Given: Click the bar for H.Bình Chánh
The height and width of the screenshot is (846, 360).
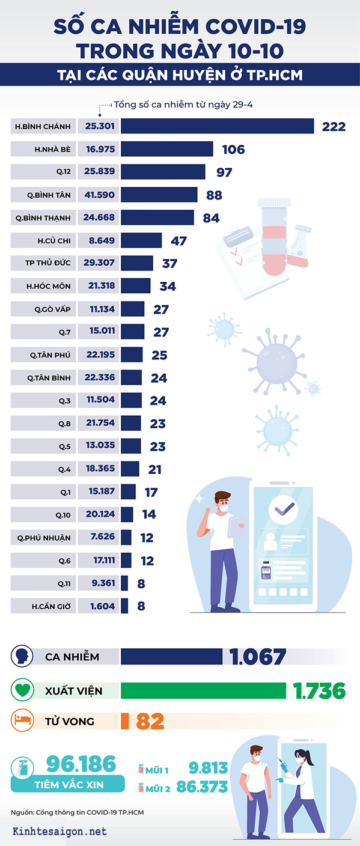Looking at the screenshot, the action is [217, 126].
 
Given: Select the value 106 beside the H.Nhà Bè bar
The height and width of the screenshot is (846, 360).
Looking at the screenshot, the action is [233, 150].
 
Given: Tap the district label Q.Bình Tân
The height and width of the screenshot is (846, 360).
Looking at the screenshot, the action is [49, 195].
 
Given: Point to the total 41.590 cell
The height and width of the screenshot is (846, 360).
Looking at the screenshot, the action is [99, 195].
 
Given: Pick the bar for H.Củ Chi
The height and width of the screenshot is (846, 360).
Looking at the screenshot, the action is [141, 240].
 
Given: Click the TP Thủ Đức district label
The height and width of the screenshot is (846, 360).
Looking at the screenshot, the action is [47, 263].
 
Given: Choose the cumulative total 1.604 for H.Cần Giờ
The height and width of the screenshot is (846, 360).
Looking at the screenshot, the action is [102, 606].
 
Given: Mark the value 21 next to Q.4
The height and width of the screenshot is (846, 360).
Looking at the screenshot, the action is [155, 469].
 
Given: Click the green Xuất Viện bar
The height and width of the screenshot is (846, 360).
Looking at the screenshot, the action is [203, 690].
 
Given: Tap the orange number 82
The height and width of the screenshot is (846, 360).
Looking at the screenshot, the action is [150, 722].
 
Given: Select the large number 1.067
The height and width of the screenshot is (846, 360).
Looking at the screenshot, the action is [258, 657].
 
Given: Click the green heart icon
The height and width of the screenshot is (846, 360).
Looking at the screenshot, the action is [22, 690].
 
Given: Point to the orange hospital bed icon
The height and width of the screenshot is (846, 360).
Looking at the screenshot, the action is [22, 720].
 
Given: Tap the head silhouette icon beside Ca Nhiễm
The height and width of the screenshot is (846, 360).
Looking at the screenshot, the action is [22, 656].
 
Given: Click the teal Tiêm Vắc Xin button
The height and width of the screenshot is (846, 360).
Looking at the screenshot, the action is [69, 784].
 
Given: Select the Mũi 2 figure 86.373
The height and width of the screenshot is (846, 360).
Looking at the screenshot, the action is [202, 787].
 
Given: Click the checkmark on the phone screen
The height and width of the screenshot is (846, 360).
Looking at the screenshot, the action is [284, 509].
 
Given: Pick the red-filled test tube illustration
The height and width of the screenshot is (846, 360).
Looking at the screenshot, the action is [275, 237].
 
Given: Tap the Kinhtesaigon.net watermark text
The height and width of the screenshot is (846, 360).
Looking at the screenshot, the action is [59, 831].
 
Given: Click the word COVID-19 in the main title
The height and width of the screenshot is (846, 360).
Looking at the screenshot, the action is [255, 27].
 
